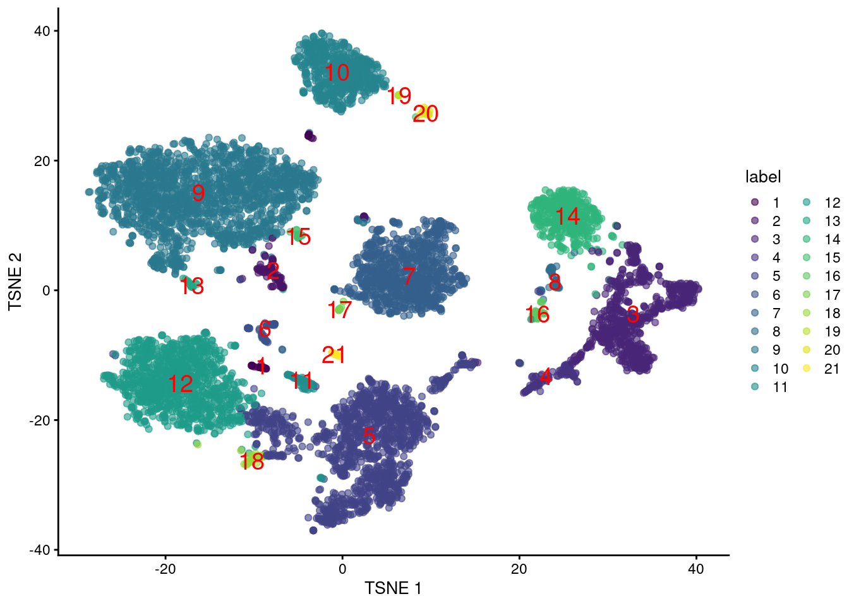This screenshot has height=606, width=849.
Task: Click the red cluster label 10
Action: point(337,73)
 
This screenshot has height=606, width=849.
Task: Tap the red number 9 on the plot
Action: point(198,193)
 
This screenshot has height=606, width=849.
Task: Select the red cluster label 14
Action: point(567,217)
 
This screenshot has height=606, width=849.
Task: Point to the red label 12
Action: point(181,384)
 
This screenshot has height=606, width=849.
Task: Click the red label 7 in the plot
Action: point(409,276)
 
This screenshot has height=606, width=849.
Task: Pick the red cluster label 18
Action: point(252,462)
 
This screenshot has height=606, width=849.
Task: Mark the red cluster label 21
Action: point(334,355)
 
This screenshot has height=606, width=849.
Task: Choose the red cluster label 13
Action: point(192,287)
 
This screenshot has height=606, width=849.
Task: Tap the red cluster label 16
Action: point(538,314)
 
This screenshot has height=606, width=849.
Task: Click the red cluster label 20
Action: point(426,114)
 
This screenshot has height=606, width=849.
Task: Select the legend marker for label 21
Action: point(807,369)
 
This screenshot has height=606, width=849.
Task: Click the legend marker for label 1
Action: point(755,203)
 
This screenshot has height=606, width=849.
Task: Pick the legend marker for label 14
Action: point(807,239)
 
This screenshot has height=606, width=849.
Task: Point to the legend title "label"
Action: point(762,177)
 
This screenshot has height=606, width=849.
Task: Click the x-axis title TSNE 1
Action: point(393,588)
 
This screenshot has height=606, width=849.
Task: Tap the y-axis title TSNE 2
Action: point(15,282)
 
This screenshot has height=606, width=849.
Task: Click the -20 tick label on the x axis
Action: point(166,569)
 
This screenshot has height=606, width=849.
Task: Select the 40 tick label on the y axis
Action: point(42,31)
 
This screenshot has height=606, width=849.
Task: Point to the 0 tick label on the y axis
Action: point(45,290)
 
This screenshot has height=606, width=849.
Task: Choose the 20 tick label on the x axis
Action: point(519,569)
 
